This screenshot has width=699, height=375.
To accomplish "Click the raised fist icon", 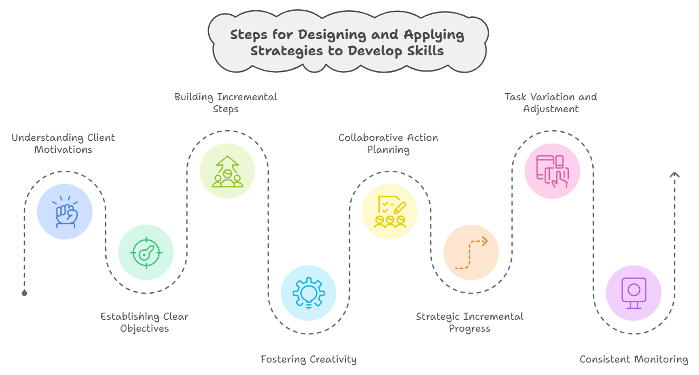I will (x=65, y=212).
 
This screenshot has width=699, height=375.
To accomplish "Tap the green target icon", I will (x=146, y=253).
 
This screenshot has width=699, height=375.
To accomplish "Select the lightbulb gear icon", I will (x=308, y=293).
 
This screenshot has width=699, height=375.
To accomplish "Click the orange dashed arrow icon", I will (x=471, y=253).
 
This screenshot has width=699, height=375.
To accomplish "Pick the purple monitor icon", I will (x=633, y=293).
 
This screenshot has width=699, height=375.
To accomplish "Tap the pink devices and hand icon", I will (x=552, y=171).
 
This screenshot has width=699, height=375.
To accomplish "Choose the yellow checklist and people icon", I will (x=390, y=212).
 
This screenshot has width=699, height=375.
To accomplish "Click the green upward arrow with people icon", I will (x=227, y=171).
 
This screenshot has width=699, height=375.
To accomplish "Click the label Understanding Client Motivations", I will (x=63, y=143).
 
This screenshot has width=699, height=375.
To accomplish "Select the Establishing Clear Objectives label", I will (x=144, y=322).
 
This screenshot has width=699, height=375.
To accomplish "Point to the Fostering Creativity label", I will (x=308, y=359).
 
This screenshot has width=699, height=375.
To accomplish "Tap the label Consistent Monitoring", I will (x=633, y=359).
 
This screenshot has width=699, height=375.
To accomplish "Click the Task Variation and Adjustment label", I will (x=551, y=102).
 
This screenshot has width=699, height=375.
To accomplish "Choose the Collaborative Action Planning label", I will (x=388, y=143).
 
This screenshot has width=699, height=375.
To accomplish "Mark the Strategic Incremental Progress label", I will (x=469, y=322).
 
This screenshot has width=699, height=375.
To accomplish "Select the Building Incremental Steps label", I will (x=225, y=102).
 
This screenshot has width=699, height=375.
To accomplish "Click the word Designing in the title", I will (x=335, y=35).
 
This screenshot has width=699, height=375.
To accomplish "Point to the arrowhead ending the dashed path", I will (x=674, y=175).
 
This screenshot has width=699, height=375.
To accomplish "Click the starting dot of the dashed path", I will (x=24, y=293).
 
